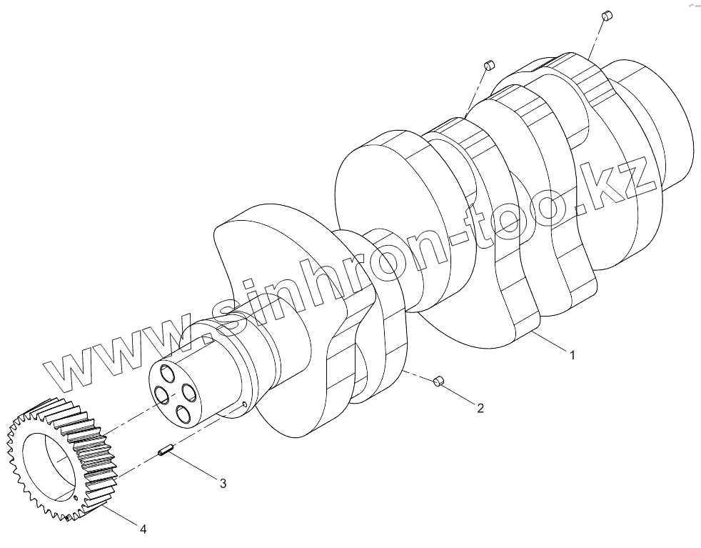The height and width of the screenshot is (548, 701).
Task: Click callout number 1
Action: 571,354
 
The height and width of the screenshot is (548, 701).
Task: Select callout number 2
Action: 480,408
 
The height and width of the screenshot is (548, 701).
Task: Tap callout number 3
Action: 223,484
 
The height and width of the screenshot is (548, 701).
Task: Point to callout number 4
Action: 143,529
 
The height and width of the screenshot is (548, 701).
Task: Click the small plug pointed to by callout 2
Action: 439,384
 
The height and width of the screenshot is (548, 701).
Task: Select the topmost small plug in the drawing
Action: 606,15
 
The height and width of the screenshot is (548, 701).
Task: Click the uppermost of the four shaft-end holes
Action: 168,374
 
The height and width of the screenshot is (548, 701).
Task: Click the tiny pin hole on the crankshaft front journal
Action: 245,404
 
